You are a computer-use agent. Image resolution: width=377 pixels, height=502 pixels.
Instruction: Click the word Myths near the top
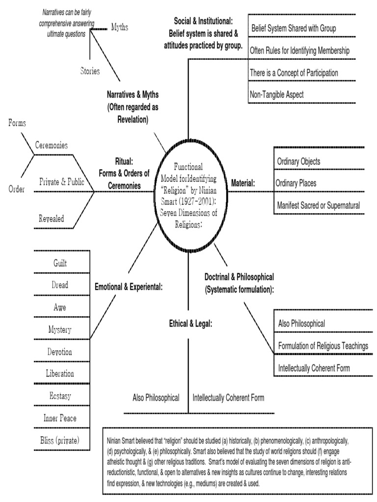pos(120,27)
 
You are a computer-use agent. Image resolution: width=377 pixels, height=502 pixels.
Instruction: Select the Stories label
pos(90,71)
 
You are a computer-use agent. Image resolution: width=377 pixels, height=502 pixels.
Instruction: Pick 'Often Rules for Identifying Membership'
pos(307,50)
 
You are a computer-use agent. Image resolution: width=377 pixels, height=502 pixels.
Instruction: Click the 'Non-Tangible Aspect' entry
pos(277,95)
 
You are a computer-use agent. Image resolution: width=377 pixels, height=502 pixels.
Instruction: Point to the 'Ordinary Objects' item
pos(299,161)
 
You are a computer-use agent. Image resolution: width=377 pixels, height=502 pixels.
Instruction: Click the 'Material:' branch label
pos(240,183)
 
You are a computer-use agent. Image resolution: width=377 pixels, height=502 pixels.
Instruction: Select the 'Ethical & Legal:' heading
pos(190,323)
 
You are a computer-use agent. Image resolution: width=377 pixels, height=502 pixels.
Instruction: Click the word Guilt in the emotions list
pos(60,263)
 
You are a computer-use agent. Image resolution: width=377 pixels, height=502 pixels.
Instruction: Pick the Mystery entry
pos(60,329)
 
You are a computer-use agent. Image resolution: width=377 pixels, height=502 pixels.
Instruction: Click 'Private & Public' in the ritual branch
pos(62,182)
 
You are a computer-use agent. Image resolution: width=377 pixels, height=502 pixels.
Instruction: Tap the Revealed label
pos(52,219)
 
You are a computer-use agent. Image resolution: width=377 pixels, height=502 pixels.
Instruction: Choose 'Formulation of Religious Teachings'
pos(323,346)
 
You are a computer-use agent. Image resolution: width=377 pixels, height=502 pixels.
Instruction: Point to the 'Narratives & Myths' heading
pos(133,94)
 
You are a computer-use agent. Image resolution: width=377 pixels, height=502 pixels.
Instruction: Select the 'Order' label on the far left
pos(17,189)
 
